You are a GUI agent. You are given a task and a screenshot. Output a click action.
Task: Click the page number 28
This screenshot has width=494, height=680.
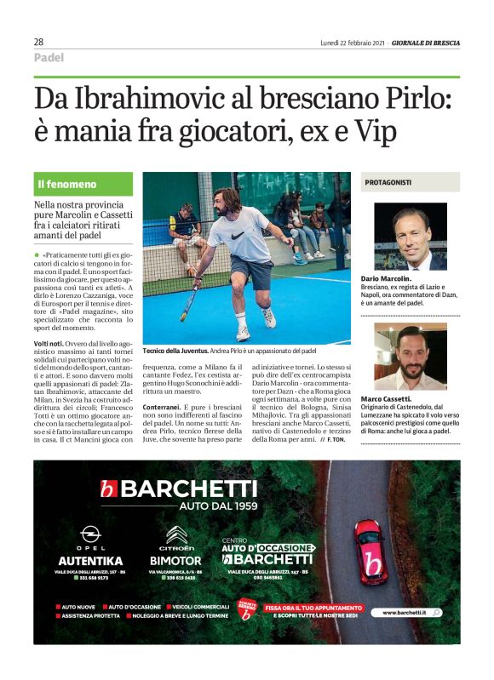39,42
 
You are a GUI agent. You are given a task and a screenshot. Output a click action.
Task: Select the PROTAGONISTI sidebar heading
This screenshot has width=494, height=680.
388,182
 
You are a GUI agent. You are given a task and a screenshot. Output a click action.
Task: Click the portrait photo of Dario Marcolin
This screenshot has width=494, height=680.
410,236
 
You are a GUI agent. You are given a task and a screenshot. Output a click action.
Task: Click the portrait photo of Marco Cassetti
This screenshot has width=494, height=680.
410,357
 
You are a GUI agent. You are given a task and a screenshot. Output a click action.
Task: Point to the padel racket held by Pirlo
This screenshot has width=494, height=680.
190,293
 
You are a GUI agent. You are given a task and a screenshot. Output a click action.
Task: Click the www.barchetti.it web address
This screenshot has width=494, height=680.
411,613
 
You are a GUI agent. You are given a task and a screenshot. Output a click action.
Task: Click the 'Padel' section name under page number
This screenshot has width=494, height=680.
49,58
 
